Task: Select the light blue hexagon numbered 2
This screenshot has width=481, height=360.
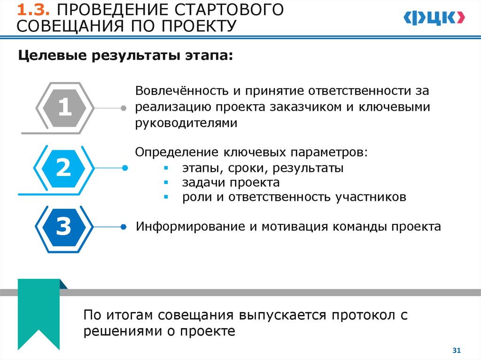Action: coord(63,168)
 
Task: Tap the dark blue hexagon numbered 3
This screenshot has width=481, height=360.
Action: coord(63,227)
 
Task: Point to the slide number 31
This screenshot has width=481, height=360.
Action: coord(456,350)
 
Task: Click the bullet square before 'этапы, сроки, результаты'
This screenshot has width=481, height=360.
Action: coord(166,168)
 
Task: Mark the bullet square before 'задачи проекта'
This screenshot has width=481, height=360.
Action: coord(166,183)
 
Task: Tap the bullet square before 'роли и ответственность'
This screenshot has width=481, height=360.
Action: coord(166,198)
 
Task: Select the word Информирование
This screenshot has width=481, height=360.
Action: coord(190,227)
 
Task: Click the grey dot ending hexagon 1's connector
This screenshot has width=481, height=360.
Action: coord(124,108)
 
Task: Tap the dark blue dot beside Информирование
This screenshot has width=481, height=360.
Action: coord(124,227)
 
